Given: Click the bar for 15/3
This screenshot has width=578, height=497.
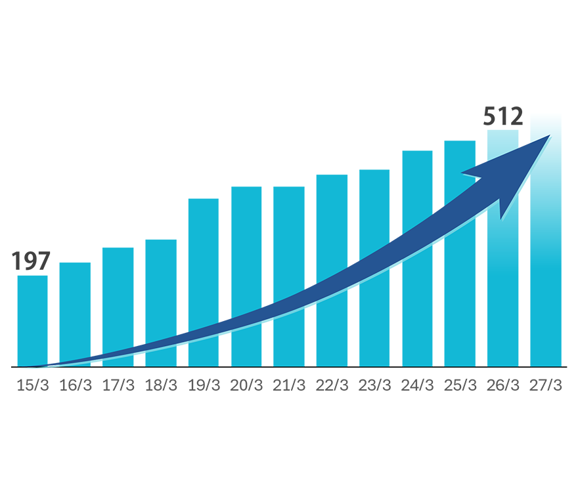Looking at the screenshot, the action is click(32, 321).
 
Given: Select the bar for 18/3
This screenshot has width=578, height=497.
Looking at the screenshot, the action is click(161, 303).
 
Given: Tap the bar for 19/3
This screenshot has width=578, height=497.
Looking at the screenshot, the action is click(204, 282).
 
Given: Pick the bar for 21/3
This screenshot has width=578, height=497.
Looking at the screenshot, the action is click(289, 276).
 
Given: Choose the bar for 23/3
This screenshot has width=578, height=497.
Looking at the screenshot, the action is click(374, 268).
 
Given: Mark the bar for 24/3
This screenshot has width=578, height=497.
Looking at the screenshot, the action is click(417, 258).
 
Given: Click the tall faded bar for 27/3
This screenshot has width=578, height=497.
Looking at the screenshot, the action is click(546, 240).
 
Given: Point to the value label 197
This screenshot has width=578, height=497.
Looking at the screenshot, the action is click(31, 261).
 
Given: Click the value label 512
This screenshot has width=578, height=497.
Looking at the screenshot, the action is click(503, 116).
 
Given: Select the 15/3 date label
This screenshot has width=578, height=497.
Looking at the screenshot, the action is click(32, 385).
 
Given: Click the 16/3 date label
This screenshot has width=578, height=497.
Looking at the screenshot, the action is click(75, 385).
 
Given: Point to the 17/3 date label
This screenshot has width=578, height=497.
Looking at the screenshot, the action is click(118, 385).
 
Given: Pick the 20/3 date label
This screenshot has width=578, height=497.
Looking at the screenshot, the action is click(246, 385).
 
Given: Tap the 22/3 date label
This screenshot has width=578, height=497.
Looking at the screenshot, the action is click(332, 385).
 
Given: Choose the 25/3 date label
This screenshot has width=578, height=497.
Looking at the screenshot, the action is click(460, 385).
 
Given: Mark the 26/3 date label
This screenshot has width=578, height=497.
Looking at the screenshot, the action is click(503, 385).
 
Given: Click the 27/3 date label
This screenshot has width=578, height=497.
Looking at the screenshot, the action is click(546, 385).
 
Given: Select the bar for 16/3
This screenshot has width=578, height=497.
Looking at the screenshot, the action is click(75, 314).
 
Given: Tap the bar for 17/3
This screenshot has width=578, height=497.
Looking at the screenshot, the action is click(118, 307).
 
